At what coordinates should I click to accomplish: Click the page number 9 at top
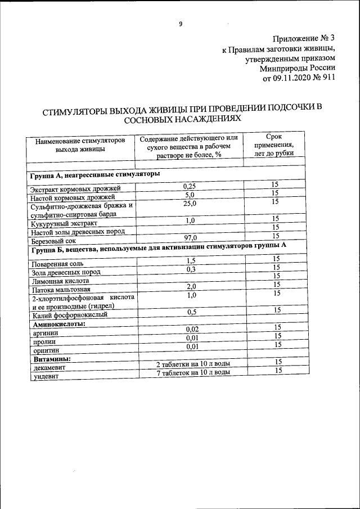click(180, 24)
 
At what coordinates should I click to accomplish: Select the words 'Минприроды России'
click(298, 69)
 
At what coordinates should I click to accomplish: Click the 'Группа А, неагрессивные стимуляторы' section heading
click(95, 175)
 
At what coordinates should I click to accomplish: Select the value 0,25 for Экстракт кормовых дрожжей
click(190, 186)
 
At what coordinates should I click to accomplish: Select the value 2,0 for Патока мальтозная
click(190, 286)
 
